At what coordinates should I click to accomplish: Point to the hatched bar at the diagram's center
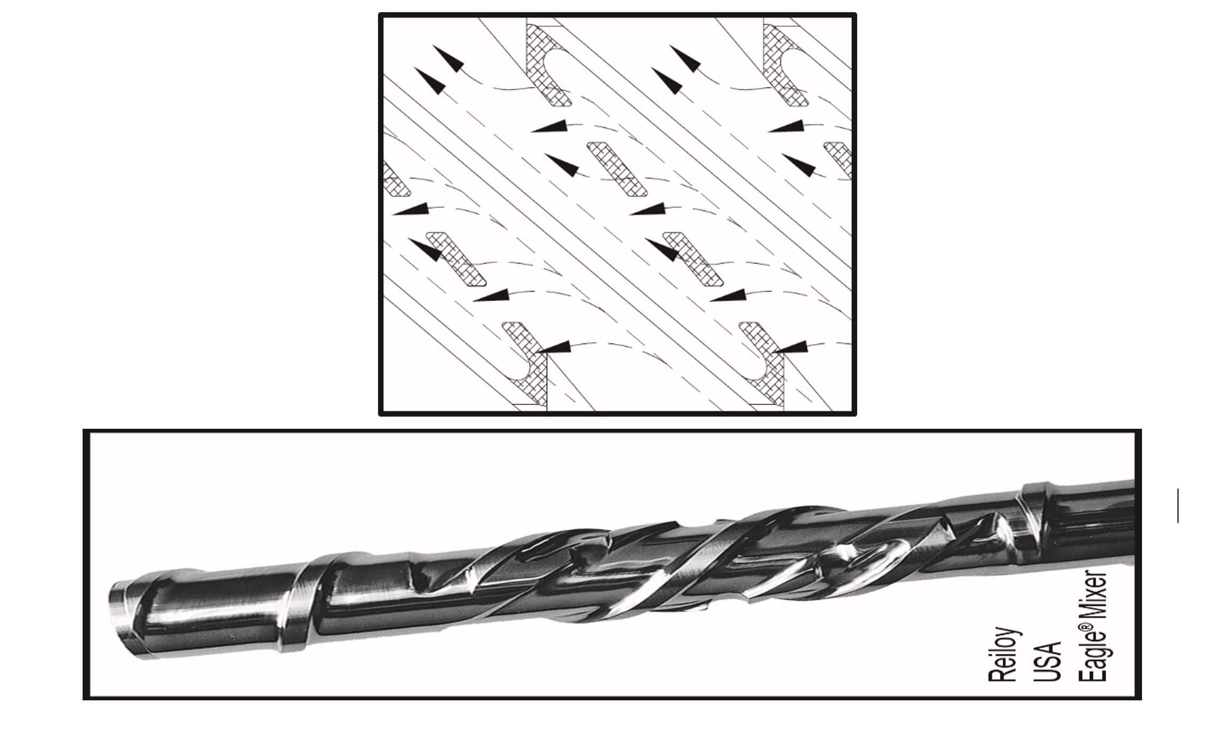(617, 169)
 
